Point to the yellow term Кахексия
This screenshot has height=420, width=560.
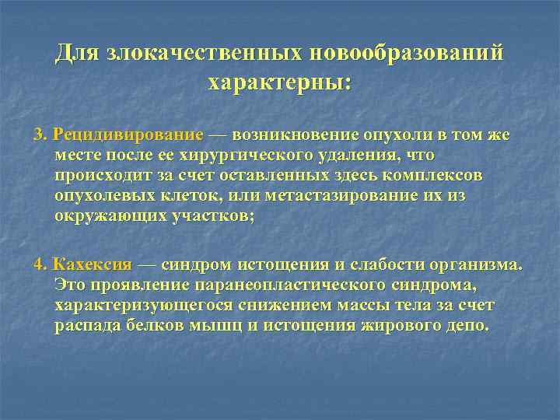coord(93,264)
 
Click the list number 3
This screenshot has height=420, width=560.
coord(40,135)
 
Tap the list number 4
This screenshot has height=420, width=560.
coord(40,264)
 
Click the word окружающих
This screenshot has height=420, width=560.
coord(109,215)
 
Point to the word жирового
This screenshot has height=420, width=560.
coord(401,324)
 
